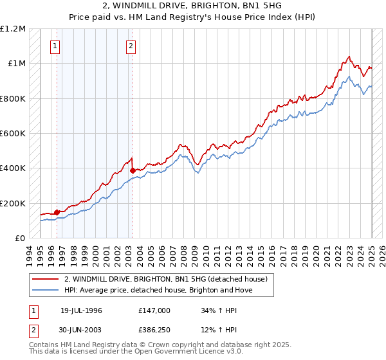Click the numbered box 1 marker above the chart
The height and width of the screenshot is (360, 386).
point(55,46)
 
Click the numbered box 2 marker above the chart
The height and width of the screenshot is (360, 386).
point(131,46)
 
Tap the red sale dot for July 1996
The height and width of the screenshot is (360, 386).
point(57,212)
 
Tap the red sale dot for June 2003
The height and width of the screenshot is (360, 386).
point(133,170)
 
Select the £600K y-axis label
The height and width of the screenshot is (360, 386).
point(14,134)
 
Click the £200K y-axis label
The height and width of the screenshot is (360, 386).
point(14,203)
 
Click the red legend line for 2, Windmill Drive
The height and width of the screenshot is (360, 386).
point(45,279)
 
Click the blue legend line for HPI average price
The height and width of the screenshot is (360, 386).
point(45,290)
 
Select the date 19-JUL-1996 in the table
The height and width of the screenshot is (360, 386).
point(81,310)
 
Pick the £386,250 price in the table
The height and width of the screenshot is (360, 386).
point(154,331)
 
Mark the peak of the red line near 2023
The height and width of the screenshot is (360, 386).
point(348,57)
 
